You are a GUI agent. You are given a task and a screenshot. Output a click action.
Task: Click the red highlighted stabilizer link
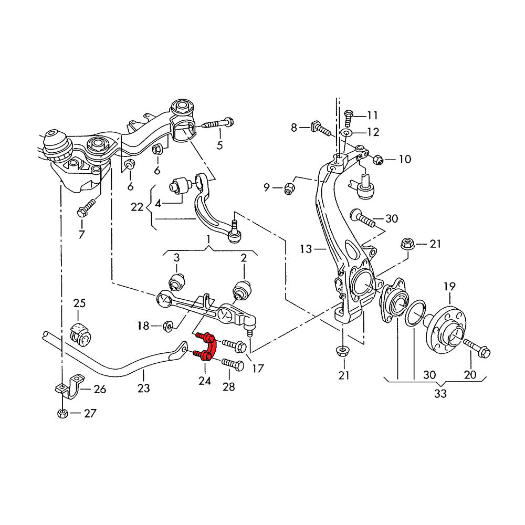(206, 346)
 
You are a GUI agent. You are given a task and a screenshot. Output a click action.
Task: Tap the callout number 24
(204, 381)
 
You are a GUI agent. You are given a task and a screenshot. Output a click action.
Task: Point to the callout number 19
(450, 286)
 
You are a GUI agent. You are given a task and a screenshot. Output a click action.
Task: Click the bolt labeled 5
(216, 124)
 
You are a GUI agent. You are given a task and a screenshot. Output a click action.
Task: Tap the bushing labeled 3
(177, 281)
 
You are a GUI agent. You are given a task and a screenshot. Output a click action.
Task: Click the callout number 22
(137, 207)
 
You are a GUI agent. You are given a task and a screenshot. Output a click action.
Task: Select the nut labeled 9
(288, 187)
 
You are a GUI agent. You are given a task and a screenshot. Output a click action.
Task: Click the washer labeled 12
(347, 132)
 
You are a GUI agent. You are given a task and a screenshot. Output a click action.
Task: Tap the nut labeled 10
(377, 159)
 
